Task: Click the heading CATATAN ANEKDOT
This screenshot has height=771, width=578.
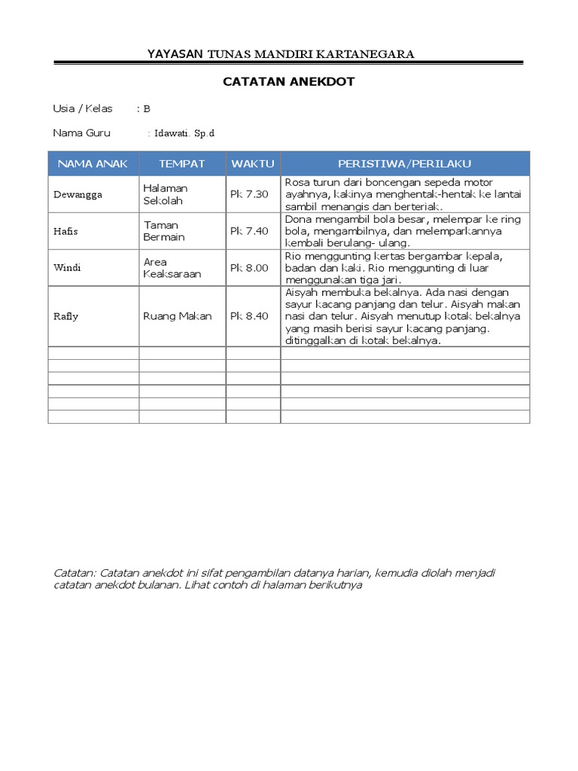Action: (289, 82)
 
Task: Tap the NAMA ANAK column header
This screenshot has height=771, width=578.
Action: (93, 163)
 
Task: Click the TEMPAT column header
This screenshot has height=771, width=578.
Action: (181, 163)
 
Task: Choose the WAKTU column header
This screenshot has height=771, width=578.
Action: (253, 163)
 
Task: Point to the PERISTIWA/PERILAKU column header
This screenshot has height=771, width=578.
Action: (405, 163)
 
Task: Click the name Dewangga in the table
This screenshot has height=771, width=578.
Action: (78, 195)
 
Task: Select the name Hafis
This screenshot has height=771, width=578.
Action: (65, 231)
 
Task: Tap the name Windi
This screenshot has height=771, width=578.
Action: (66, 268)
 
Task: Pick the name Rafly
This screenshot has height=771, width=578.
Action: (66, 316)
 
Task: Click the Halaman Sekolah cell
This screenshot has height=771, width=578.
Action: (166, 195)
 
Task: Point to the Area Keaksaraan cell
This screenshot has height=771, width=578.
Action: (172, 268)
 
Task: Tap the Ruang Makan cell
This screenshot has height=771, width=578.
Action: (178, 316)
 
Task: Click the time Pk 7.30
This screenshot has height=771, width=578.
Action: (249, 195)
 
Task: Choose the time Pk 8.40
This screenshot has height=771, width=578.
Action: (249, 316)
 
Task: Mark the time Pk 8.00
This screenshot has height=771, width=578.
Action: (249, 268)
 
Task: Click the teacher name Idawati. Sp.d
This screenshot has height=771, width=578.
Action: (184, 133)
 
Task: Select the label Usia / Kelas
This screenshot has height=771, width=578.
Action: (83, 108)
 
